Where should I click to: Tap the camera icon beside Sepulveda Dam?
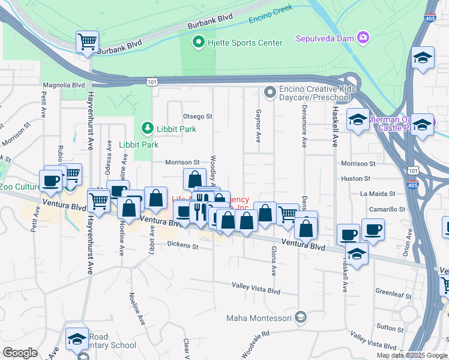pyautogui.click(x=363, y=39)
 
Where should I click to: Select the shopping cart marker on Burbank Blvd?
pyautogui.click(x=87, y=42)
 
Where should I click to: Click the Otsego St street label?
pyautogui.click(x=197, y=116)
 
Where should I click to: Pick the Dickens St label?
pyautogui.click(x=182, y=245)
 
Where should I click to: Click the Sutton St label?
pyautogui.click(x=391, y=328)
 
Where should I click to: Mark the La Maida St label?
pyautogui.click(x=378, y=194)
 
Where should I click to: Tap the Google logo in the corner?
pyautogui.click(x=19, y=353)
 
